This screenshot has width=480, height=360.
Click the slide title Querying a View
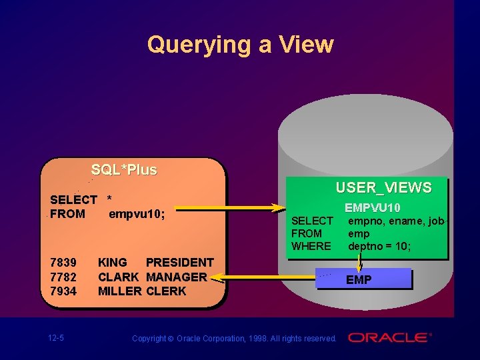pos(240,45)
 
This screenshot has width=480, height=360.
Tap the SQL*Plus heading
pos(124,169)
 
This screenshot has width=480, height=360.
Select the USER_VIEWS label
pos(383,187)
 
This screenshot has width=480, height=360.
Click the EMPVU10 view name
pos(372,208)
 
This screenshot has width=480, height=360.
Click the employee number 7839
pos(63,263)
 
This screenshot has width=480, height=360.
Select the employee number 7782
pos(63,277)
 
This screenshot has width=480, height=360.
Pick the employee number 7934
pos(63,291)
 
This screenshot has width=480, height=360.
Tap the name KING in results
pos(113,263)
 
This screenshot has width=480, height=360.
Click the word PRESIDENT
pos(179,263)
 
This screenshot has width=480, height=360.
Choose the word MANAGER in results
pos(176,277)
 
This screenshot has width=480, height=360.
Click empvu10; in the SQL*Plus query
pos(137,214)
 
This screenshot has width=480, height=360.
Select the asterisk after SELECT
pos(109,200)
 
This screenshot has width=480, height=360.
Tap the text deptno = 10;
pos(379,246)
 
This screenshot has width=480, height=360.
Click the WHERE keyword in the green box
pos(311,246)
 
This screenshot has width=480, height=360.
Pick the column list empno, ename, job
pos(396,221)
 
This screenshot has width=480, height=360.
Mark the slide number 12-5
pos(56,338)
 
